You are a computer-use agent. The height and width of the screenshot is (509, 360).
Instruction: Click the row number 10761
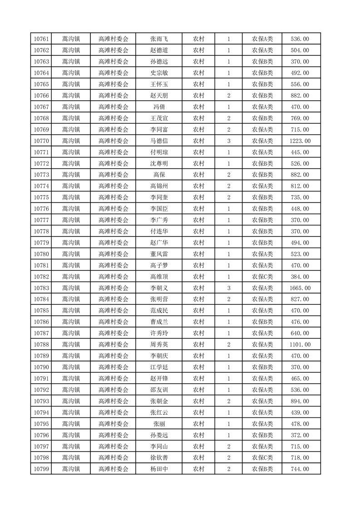tap(42, 39)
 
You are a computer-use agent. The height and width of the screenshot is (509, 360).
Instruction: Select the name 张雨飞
tap(159, 39)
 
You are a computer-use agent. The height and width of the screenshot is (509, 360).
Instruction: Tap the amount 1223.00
tap(300, 141)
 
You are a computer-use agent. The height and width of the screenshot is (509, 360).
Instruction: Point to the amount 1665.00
tap(300, 288)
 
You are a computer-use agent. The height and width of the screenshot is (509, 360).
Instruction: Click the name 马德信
tap(159, 141)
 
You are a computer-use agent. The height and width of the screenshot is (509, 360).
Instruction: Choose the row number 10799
tap(42, 469)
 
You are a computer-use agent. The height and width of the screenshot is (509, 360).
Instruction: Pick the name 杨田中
tap(159, 469)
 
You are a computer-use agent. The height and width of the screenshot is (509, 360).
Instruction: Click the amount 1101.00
tap(300, 345)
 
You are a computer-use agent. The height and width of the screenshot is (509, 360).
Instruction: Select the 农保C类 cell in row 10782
tap(262, 277)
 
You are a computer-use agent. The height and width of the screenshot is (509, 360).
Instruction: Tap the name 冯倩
tap(159, 107)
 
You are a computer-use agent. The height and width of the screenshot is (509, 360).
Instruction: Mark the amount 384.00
tap(300, 277)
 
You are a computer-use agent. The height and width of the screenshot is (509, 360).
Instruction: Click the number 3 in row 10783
tap(228, 288)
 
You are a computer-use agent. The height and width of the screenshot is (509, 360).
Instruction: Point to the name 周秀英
tap(159, 345)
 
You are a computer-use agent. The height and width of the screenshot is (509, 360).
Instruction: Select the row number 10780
tap(42, 254)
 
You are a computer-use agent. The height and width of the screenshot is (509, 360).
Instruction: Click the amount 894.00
tap(300, 401)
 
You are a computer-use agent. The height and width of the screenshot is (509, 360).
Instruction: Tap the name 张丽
tap(159, 424)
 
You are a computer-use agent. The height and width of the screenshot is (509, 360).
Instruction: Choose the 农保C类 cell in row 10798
tap(262, 458)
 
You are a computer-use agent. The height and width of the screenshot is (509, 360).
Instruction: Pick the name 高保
tap(159, 175)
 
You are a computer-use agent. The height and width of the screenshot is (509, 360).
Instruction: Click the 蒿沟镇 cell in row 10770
tap(71, 141)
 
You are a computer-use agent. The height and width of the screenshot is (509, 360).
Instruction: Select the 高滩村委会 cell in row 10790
tap(113, 367)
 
